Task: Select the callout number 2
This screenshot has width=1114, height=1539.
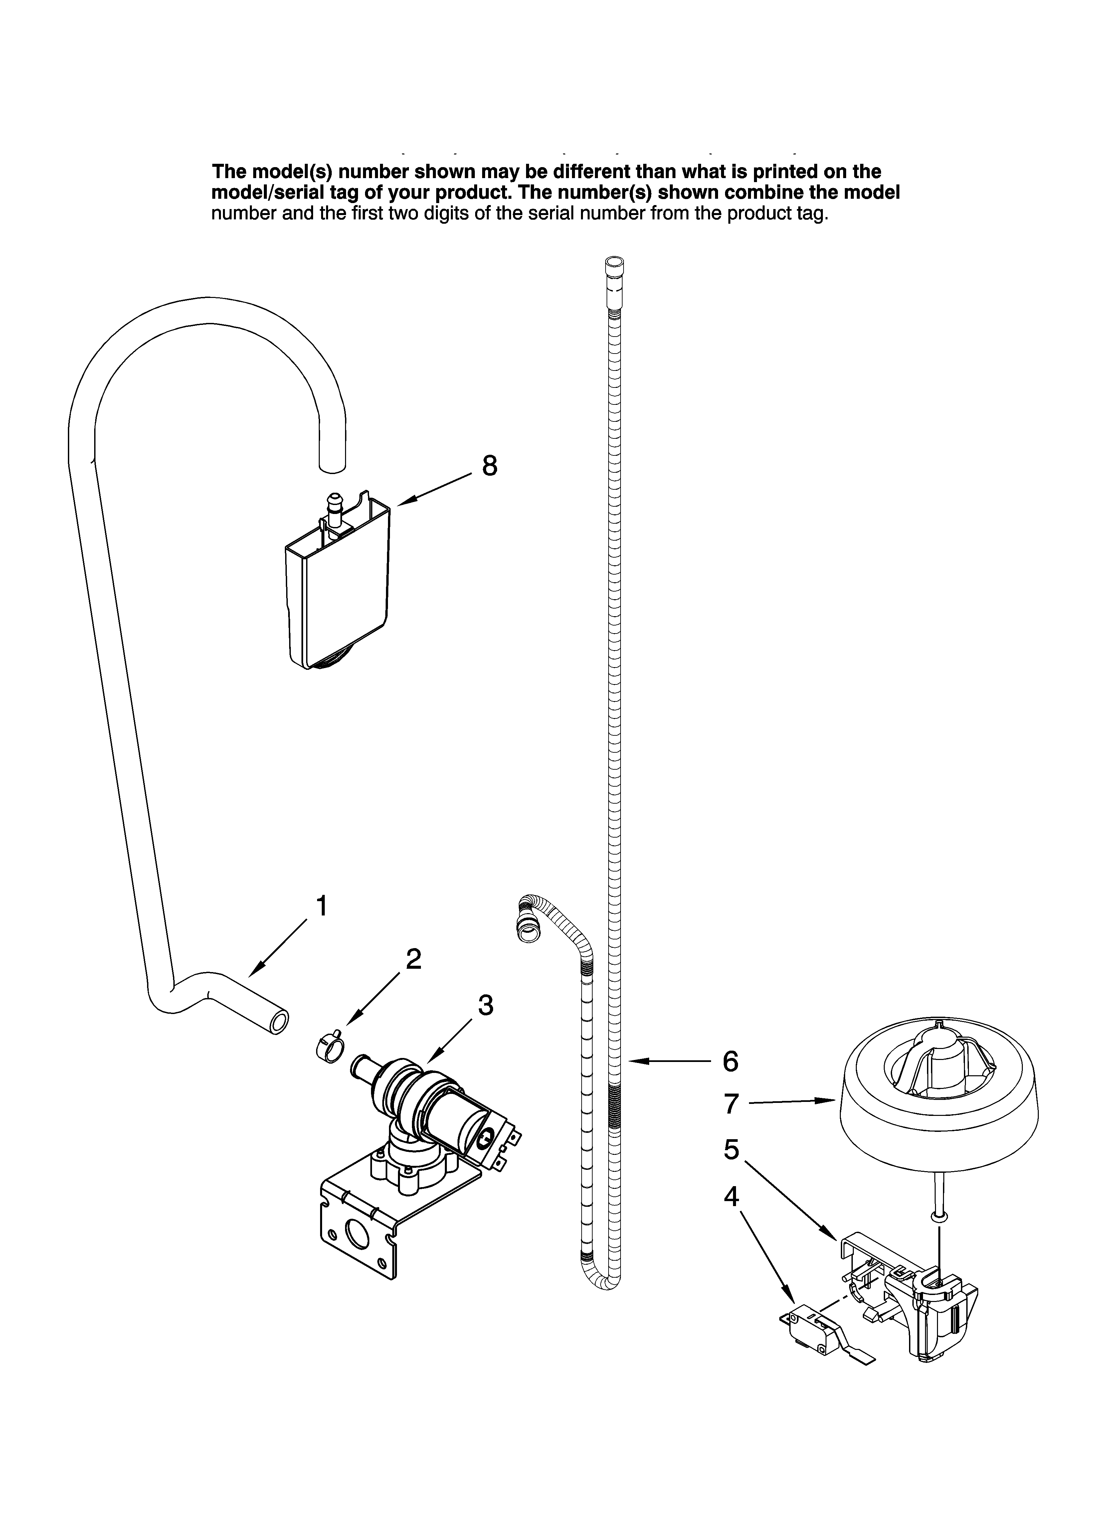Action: (x=413, y=958)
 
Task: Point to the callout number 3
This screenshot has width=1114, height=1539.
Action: (x=485, y=1005)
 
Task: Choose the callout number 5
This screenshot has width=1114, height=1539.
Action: (x=731, y=1149)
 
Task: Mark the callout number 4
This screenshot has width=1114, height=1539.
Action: (x=731, y=1196)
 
